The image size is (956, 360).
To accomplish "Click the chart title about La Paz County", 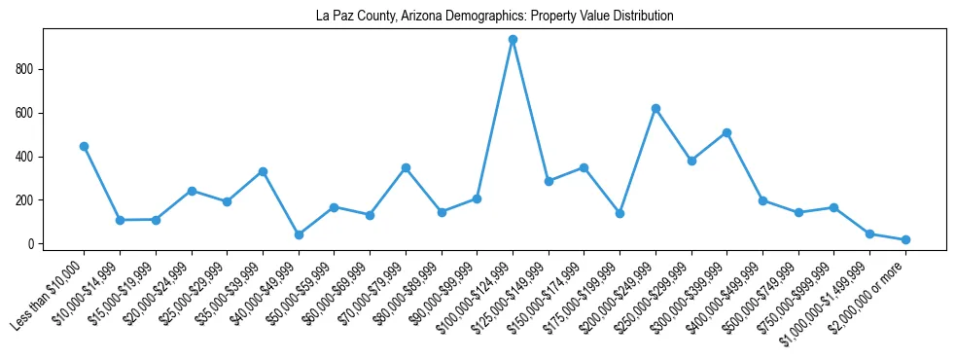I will pos(495,17).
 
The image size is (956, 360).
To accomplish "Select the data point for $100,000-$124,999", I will pos(513,40).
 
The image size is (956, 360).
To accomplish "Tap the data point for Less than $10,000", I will pos(84,146).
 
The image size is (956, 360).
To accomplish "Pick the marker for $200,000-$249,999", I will pos(655,108).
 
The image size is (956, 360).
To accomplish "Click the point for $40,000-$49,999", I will pos(299,234).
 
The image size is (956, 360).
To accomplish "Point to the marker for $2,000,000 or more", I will pos(905,239).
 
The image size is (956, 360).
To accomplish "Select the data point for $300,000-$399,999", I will pos(726,132).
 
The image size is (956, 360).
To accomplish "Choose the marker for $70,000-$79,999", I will pos(406,167).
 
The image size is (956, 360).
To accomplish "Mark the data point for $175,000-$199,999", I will pos(620,213).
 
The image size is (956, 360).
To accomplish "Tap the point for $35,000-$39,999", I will pos(263,171).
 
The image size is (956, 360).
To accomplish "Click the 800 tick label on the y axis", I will pos(28,69).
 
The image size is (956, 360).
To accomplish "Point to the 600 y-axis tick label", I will pos(28,113).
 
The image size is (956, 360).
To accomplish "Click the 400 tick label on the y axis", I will pos(28,157).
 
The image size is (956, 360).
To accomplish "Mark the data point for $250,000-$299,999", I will pos(691,161).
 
